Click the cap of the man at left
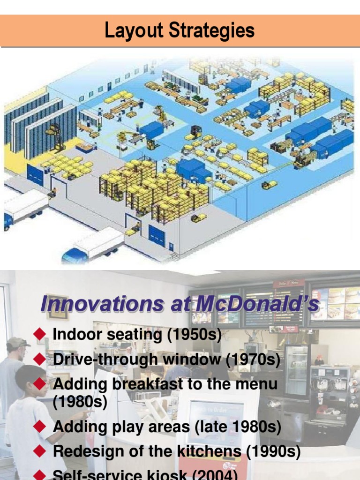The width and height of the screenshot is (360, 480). coord(17,343)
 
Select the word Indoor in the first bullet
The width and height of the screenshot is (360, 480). coord(75,335)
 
